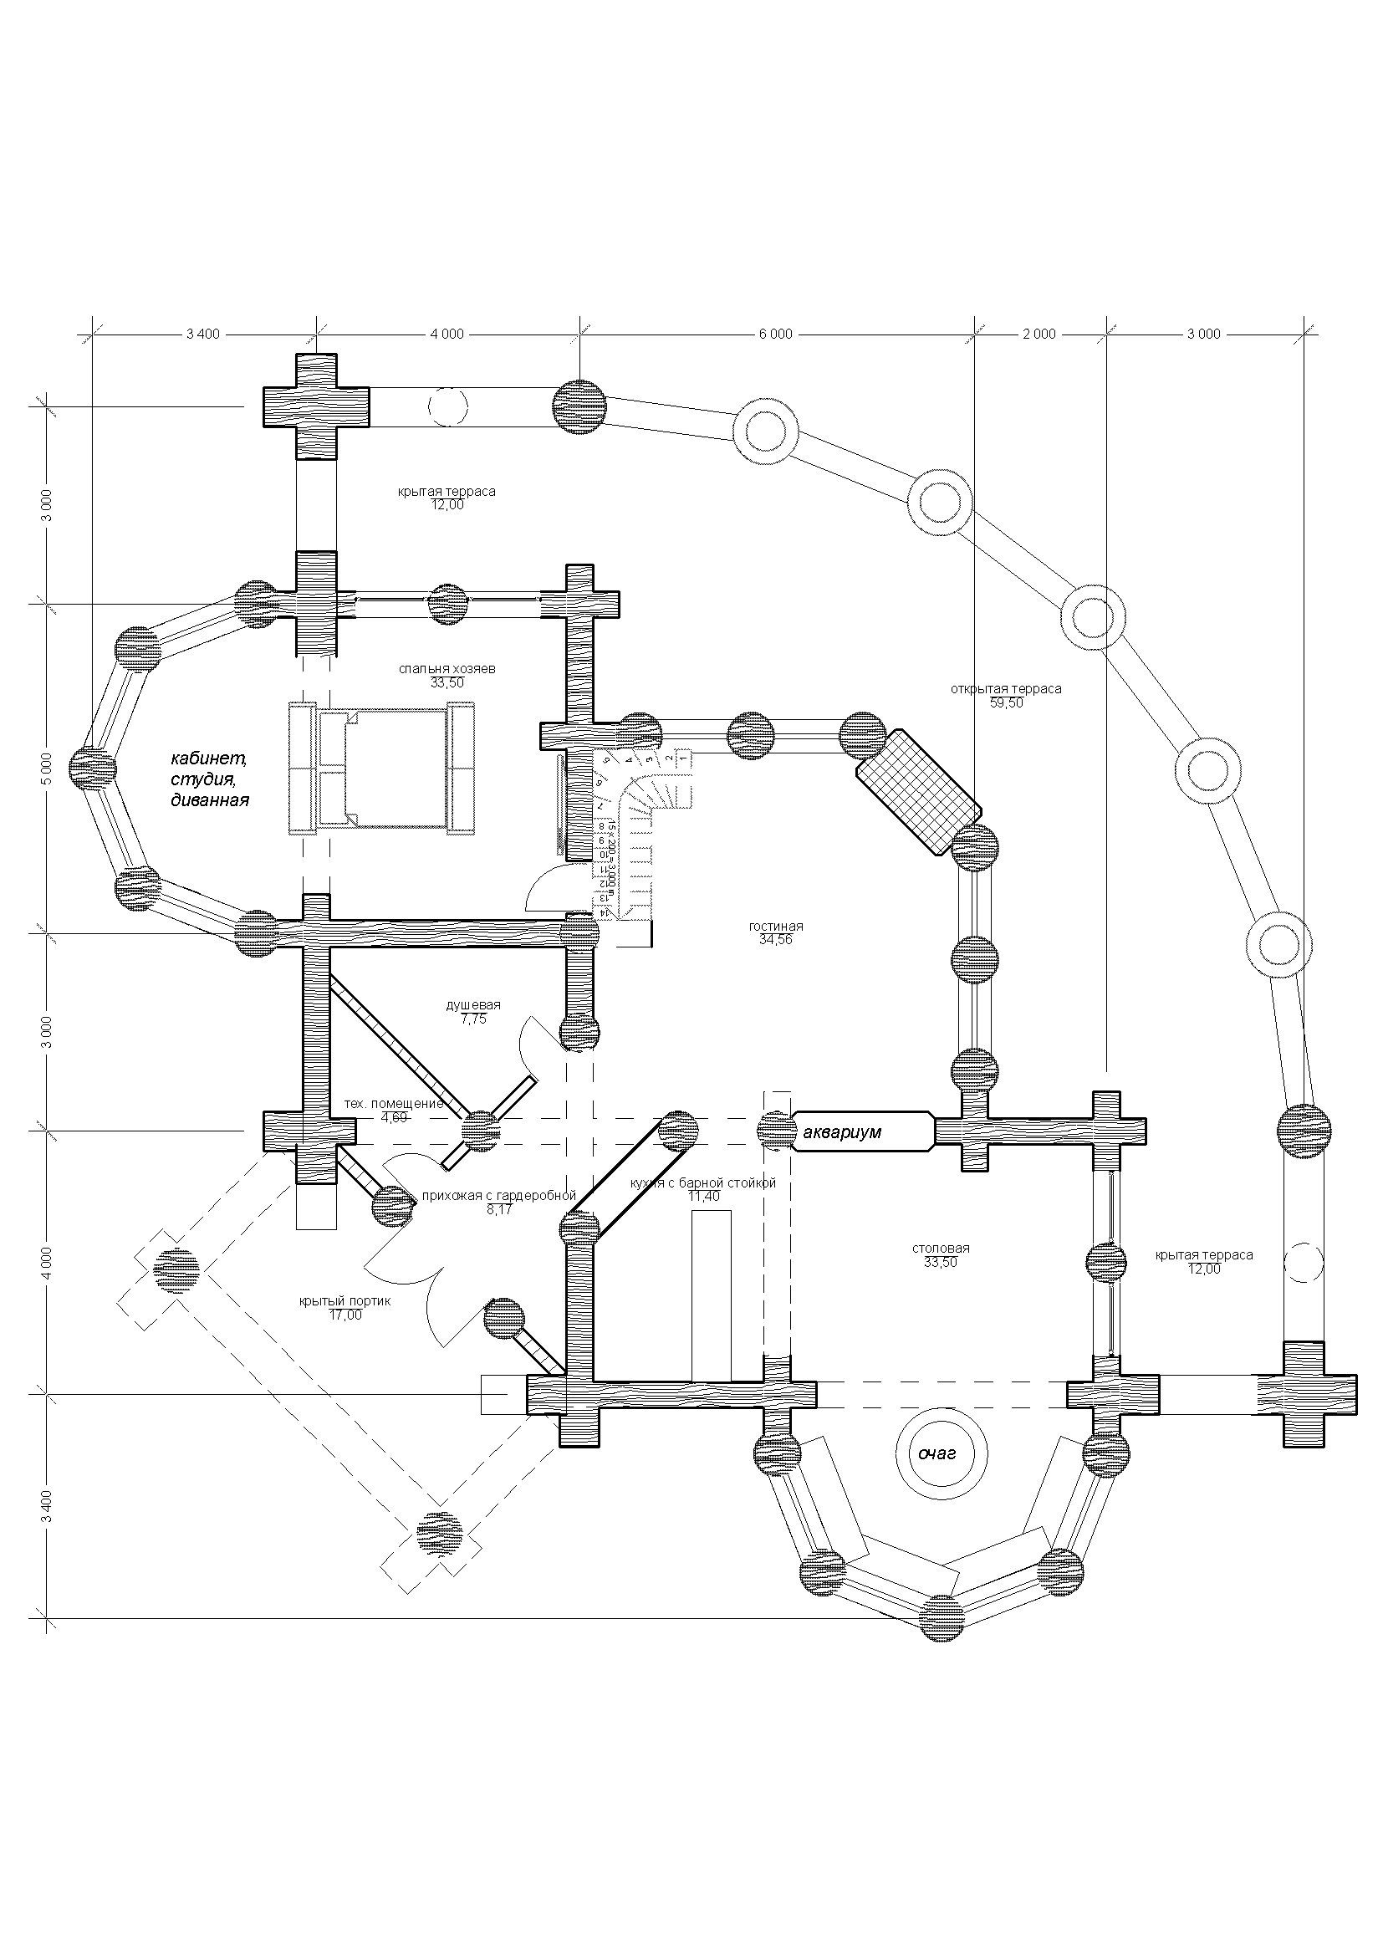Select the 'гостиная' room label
point(776,927)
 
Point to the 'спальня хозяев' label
point(447,669)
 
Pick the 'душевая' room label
point(473,1005)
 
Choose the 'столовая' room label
point(940,1249)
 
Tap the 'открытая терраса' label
point(1006,689)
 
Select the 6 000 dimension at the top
point(775,334)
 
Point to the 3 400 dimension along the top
point(202,334)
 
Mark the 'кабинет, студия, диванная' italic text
point(210,779)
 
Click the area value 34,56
point(776,941)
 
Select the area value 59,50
point(1006,703)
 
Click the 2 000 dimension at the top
point(1039,334)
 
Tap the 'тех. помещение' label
point(394,1104)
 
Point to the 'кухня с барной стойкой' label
point(703,1183)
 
